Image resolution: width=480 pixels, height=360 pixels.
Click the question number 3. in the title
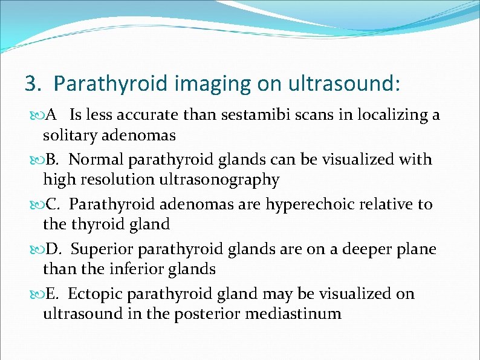33,83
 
